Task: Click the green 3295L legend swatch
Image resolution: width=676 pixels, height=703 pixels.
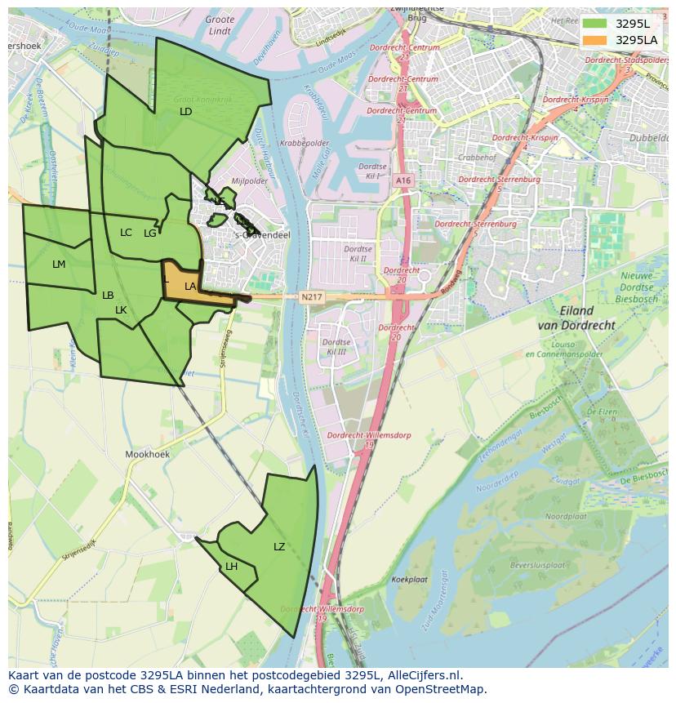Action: [595, 23]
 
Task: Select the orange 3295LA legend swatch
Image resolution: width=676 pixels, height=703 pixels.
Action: [595, 40]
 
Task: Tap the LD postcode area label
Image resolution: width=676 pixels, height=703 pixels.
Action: [185, 111]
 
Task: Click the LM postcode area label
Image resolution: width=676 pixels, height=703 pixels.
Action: [59, 264]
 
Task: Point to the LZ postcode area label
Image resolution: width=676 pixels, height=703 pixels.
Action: [279, 546]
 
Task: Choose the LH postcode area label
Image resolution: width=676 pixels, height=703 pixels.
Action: [232, 566]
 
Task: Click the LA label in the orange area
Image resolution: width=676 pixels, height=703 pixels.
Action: [190, 286]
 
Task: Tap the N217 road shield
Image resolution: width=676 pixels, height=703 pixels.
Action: [310, 297]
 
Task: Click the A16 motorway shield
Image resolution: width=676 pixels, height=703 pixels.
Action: [402, 180]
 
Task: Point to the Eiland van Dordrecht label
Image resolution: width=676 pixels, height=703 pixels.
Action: [577, 318]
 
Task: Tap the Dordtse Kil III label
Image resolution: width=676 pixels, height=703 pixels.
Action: [336, 346]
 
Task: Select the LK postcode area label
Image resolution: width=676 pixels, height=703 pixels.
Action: [121, 309]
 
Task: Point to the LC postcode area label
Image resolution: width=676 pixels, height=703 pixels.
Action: [126, 233]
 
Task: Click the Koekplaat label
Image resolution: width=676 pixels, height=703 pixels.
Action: [410, 579]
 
